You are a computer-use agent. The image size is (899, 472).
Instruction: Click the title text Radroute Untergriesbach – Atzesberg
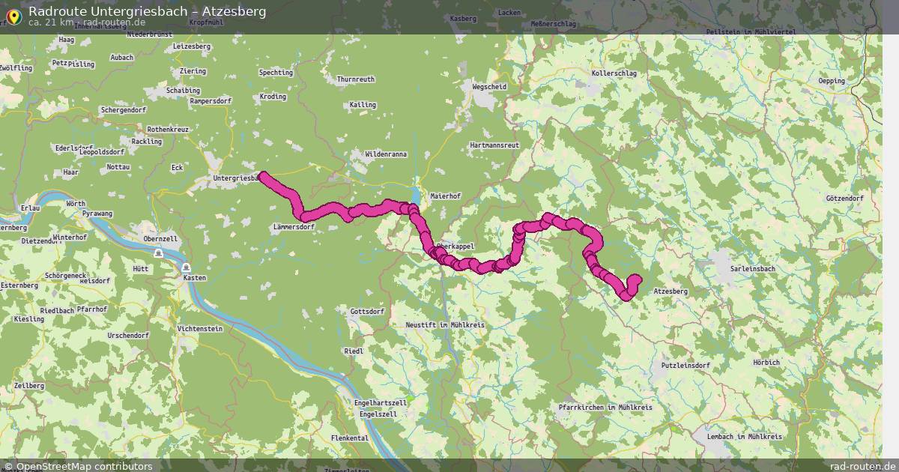coord(147,11)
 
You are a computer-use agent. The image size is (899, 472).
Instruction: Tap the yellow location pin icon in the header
coord(13,15)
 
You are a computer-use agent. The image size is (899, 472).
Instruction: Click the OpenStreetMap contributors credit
coord(78,466)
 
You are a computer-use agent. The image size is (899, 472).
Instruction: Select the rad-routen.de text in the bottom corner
coord(862,466)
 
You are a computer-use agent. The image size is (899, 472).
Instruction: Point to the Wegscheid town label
coord(489,87)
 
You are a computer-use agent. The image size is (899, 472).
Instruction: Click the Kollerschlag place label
coord(614,73)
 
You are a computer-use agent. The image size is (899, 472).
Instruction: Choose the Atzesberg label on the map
coord(671,291)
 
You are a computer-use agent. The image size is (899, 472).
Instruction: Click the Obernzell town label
coord(160,239)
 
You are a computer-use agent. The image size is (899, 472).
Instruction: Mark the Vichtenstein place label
coord(200,329)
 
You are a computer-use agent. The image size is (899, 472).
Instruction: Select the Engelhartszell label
coord(381,403)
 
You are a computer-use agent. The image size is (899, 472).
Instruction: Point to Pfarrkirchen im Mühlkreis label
coord(605,408)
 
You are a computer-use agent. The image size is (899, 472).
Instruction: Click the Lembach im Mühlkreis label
coord(745,436)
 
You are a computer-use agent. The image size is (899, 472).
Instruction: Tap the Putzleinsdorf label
coord(685,366)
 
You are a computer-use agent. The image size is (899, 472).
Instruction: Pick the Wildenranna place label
coord(386,154)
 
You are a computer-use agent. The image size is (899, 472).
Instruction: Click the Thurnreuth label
coord(356,79)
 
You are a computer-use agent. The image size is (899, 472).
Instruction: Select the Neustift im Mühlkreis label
coord(445,325)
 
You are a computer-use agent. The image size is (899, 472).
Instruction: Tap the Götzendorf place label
coord(844,199)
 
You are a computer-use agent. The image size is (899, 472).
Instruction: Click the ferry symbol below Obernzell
coord(159,254)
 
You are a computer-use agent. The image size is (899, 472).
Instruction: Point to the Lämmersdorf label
coord(294,226)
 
